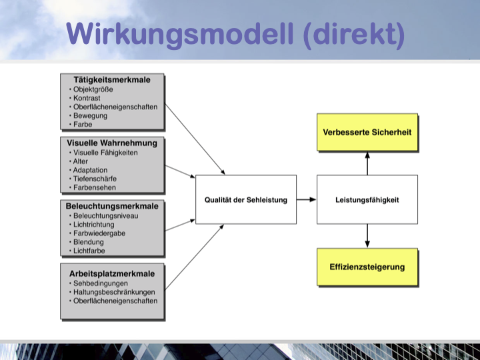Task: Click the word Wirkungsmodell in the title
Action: pyautogui.click(x=180, y=34)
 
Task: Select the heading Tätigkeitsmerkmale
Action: pyautogui.click(x=112, y=80)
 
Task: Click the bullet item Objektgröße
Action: pyautogui.click(x=93, y=89)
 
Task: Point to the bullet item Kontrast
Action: pyautogui.click(x=87, y=98)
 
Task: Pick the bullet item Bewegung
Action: pyautogui.click(x=90, y=116)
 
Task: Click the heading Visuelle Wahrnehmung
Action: pyautogui.click(x=112, y=143)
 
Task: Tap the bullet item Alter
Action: pyautogui.click(x=81, y=161)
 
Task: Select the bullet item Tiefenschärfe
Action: pyautogui.click(x=95, y=179)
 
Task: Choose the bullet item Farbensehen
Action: pyautogui.click(x=95, y=187)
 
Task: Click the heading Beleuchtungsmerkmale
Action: pyautogui.click(x=112, y=206)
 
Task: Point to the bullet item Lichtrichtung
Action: pyautogui.click(x=94, y=225)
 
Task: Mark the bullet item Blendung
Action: pyautogui.click(x=89, y=242)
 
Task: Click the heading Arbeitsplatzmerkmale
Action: pyautogui.click(x=112, y=274)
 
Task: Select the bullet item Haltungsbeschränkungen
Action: pyautogui.click(x=114, y=293)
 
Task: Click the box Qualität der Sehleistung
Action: pyautogui.click(x=246, y=199)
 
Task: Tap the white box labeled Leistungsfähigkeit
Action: pyautogui.click(x=367, y=199)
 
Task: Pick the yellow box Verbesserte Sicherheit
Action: pyautogui.click(x=367, y=132)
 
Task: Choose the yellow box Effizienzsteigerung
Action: pyautogui.click(x=367, y=267)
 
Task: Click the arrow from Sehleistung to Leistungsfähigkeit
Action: pyautogui.click(x=307, y=199)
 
